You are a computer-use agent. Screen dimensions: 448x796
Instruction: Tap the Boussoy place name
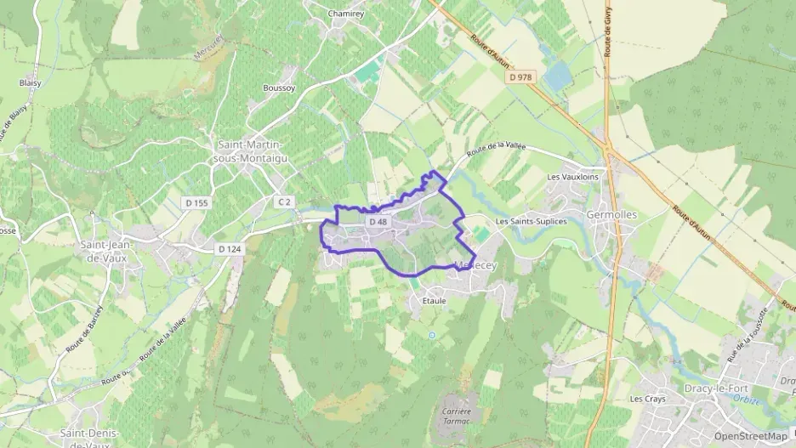[x=278, y=88]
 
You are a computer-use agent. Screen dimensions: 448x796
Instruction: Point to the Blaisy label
[x=30, y=82]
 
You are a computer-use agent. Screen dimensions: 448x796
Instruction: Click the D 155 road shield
[x=196, y=202]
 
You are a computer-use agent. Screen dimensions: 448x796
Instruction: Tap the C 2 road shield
[x=283, y=201]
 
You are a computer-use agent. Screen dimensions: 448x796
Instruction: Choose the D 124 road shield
[x=229, y=248]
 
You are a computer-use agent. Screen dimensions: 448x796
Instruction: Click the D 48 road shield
[x=378, y=222]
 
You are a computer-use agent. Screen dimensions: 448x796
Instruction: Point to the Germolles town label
[x=611, y=215]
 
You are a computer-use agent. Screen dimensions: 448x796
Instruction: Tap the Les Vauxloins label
[x=572, y=177]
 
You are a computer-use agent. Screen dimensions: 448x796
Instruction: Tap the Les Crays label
[x=646, y=398]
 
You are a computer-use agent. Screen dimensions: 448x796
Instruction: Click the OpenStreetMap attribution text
[x=750, y=436]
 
